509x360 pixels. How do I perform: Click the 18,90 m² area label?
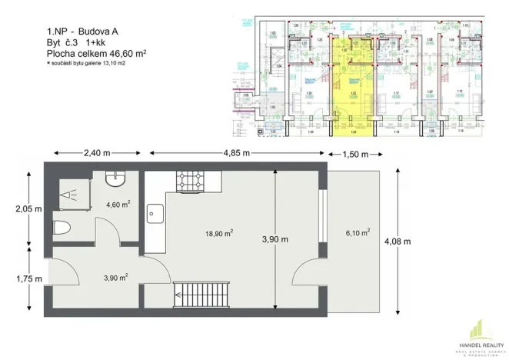pyautogui.click(x=218, y=233)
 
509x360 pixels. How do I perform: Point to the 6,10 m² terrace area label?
pyautogui.click(x=358, y=232)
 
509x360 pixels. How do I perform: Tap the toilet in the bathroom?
pyautogui.click(x=63, y=228)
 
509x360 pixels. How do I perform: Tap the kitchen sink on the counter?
pyautogui.click(x=153, y=212)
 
